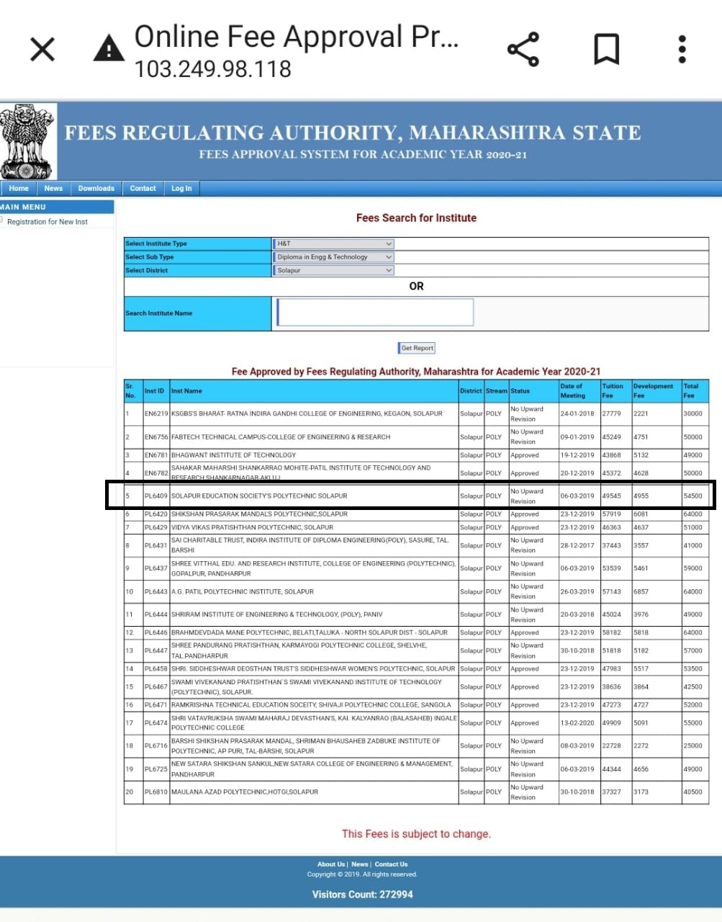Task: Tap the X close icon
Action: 42,50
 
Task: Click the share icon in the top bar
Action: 523,50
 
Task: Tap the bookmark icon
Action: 606,50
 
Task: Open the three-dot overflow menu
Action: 682,50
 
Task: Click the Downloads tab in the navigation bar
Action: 96,189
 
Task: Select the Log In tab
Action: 181,189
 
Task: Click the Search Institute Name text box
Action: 375,313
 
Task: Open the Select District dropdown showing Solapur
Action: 334,271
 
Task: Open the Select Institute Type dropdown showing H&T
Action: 334,243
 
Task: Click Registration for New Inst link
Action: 48,222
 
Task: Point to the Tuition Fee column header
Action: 613,390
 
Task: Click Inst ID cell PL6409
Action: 155,496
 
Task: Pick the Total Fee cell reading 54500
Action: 693,496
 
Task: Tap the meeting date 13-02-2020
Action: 577,723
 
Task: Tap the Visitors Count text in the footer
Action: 362,895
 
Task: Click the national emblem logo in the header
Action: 27,141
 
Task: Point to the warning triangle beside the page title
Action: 109,48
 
